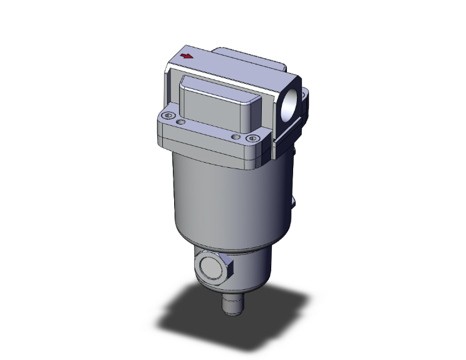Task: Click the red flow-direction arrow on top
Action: pos(186,57)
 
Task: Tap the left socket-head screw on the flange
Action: pos(168,116)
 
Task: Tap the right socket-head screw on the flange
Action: pos(252,138)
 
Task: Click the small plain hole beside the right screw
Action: pos(236,136)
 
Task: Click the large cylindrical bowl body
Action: pos(225,200)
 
